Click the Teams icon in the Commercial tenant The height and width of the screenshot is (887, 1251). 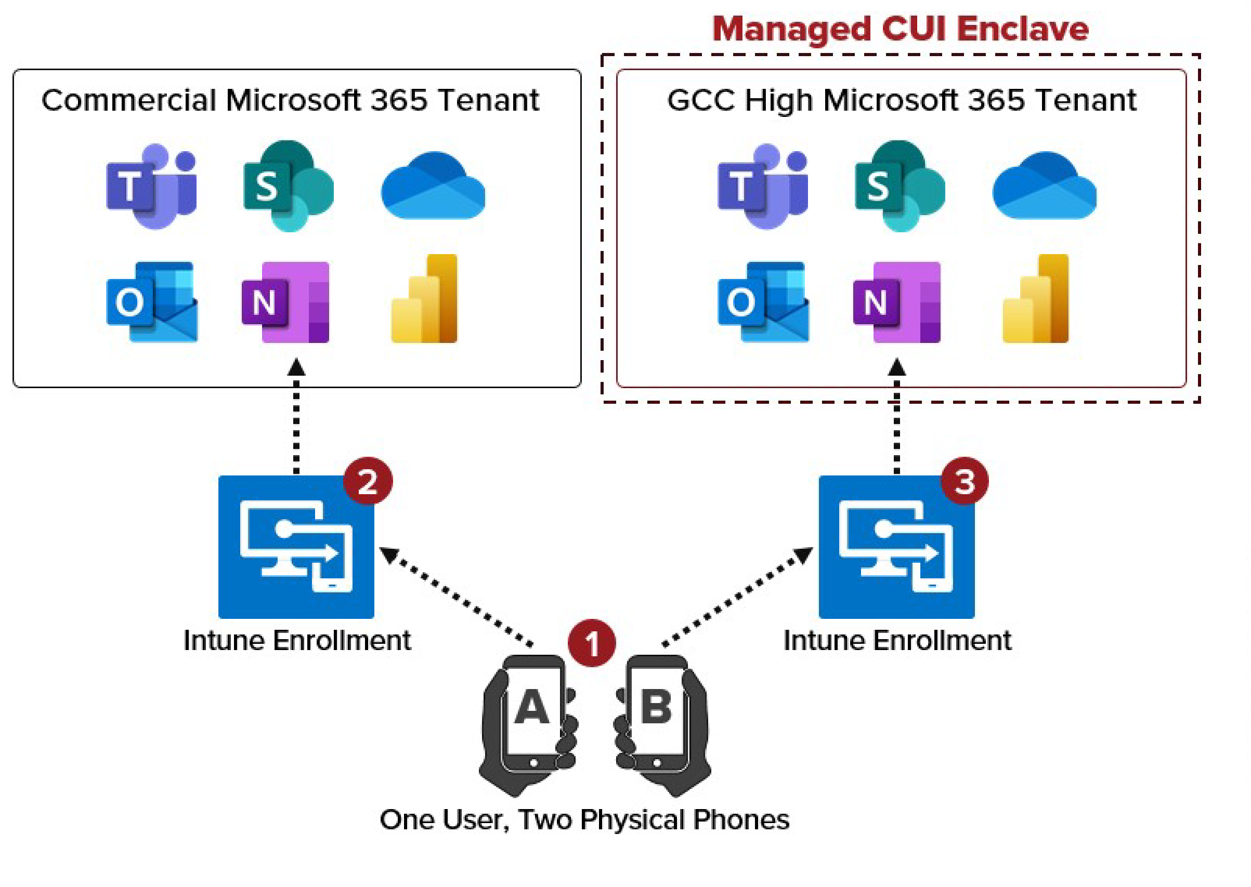tap(151, 186)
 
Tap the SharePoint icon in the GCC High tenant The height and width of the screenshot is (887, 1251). tap(900, 186)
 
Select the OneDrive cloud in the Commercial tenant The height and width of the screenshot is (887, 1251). tap(433, 186)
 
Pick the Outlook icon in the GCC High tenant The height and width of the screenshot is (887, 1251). tap(763, 301)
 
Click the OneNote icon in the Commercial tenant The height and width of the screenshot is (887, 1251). tap(286, 302)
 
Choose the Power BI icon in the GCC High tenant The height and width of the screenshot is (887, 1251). tap(1035, 299)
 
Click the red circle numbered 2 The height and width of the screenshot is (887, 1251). tap(367, 481)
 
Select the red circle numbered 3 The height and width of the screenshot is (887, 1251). tap(964, 481)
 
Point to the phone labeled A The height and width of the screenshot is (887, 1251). tap(532, 716)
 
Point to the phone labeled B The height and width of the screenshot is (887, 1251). tap(656, 716)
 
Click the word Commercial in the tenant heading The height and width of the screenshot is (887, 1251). tap(129, 100)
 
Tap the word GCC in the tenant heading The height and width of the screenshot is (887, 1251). tap(701, 100)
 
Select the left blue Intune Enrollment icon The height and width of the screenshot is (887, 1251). tap(296, 547)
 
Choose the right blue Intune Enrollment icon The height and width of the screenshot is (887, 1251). tap(896, 547)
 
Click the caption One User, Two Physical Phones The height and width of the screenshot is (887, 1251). tap(584, 820)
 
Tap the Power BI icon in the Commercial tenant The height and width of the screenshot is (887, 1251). tap(424, 299)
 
